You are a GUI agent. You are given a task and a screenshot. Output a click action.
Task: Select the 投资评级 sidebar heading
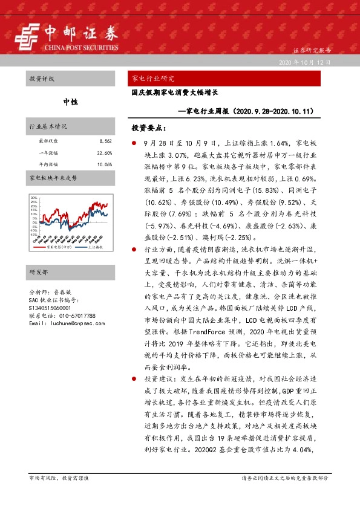coord(42,79)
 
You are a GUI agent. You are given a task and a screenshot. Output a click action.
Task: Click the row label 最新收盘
coord(47,141)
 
